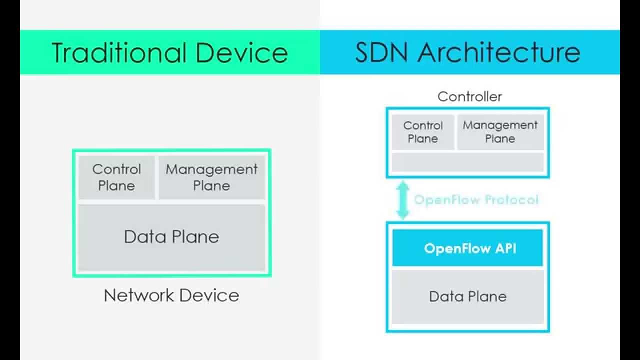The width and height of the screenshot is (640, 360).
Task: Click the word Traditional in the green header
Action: (119, 52)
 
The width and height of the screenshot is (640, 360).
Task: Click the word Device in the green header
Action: (241, 52)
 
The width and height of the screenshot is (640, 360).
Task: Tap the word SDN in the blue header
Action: (381, 52)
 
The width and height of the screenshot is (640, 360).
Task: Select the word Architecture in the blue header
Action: (499, 52)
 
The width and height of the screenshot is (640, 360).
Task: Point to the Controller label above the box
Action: (469, 96)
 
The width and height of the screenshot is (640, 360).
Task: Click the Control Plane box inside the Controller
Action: (423, 132)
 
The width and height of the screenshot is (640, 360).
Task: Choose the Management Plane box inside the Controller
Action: (500, 132)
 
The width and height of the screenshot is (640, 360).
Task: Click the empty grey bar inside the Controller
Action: (467, 162)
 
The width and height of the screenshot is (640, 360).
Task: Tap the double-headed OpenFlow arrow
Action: (403, 199)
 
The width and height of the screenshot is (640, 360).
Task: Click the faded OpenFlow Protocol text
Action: (476, 199)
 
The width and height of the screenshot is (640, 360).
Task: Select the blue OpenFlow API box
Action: (467, 247)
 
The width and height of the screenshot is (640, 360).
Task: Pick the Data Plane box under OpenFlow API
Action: (467, 297)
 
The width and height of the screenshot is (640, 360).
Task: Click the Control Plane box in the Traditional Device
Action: (116, 177)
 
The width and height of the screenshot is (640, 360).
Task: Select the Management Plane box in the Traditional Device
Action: (211, 177)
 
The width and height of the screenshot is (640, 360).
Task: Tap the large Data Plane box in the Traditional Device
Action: (171, 237)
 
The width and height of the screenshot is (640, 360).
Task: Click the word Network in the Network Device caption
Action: (139, 295)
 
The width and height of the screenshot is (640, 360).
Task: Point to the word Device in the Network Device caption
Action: (209, 295)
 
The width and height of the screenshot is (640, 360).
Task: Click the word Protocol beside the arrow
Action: (511, 199)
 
